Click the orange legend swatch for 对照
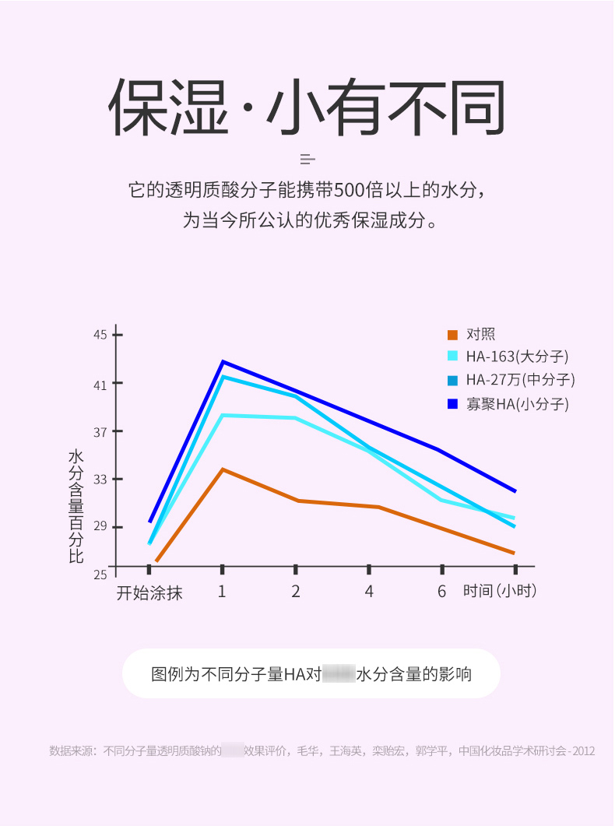tap(452, 335)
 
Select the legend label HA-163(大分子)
tap(517, 357)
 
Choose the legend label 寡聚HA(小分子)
tap(517, 403)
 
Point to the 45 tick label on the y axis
tap(100, 335)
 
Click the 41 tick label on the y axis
tap(100, 384)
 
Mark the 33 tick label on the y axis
tap(100, 480)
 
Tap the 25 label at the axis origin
tap(100, 575)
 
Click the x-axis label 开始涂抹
tap(149, 592)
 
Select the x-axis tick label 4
tap(369, 592)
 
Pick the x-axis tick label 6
tap(441, 592)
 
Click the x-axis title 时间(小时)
tap(500, 591)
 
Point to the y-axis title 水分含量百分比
tap(76, 506)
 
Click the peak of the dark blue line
tap(223, 361)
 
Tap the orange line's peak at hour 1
tap(223, 469)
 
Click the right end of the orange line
tap(514, 553)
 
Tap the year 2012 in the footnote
tap(582, 751)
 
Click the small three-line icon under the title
tap(307, 160)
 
